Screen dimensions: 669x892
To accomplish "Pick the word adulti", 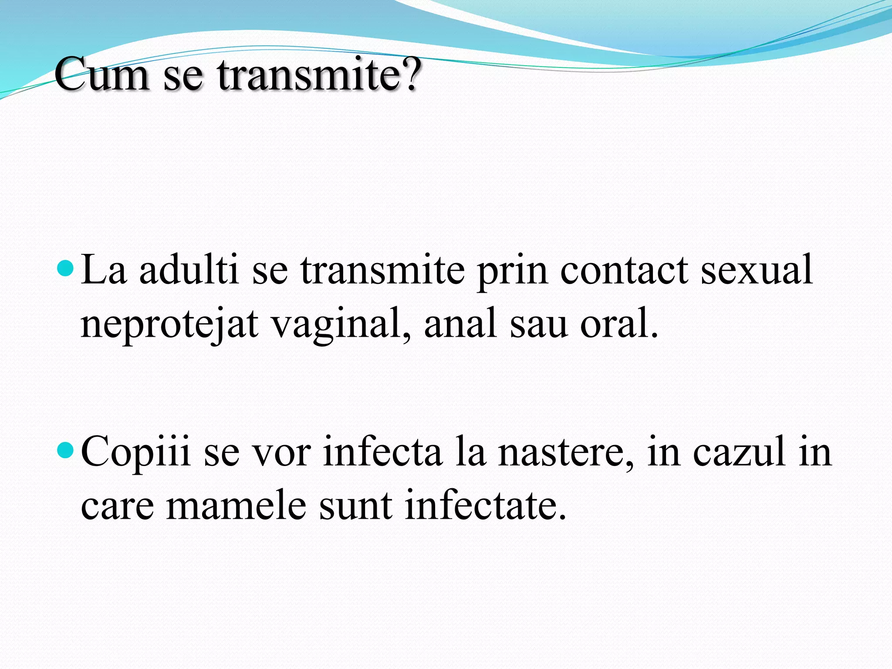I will coord(189,270).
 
